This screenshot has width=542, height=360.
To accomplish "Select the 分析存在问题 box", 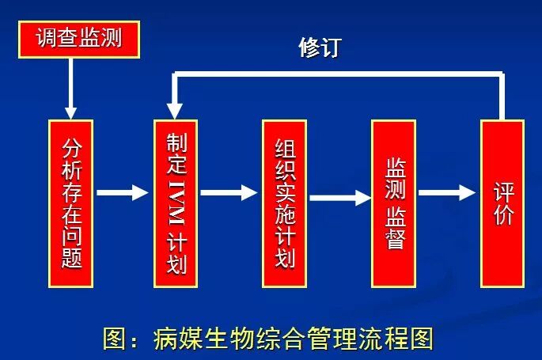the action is pos(71,203).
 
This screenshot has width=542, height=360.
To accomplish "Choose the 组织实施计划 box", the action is pos(284,203).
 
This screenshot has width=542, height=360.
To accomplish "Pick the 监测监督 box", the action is pos(393,203).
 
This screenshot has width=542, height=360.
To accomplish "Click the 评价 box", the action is pos(502,203).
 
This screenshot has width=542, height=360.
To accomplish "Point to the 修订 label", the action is pos(320,47).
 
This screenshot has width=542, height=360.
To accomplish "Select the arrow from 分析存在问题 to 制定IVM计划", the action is pos(123,192).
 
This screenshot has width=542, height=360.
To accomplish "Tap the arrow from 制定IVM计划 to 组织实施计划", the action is pos(229,192).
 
